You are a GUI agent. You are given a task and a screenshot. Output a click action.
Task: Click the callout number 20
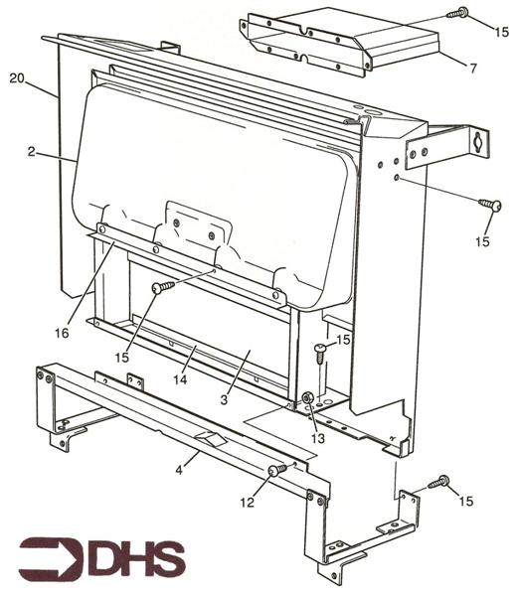tap(17, 77)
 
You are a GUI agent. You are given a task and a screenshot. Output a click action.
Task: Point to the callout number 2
tap(32, 152)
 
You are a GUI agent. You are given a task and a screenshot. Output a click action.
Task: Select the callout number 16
tap(62, 334)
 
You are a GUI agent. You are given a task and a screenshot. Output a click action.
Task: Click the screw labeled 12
tap(276, 469)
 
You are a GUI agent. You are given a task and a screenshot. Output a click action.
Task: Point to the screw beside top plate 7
tap(458, 13)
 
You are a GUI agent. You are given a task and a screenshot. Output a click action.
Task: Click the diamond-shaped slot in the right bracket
tap(481, 141)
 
